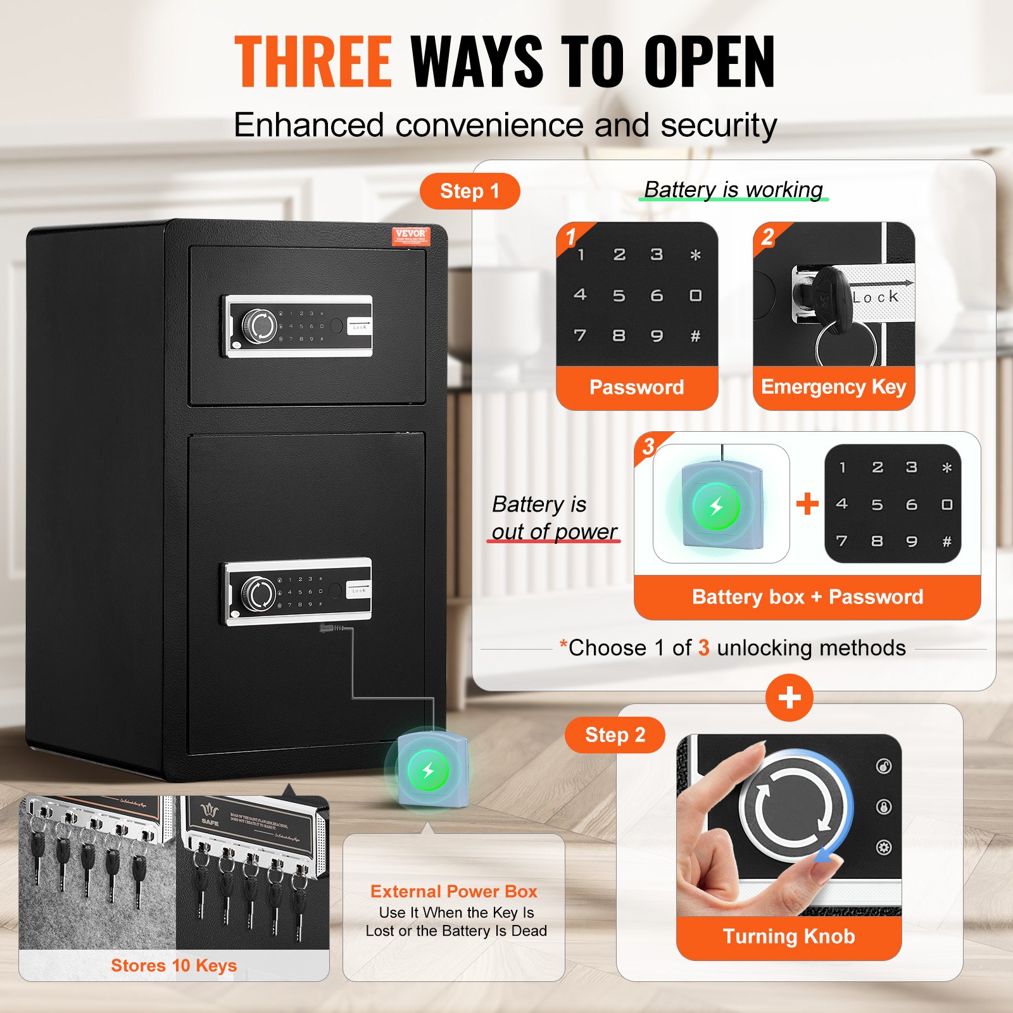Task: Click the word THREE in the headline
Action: coord(313,61)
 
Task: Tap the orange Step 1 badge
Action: coord(470,191)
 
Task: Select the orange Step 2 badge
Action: coord(615,735)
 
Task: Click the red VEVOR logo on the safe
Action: coord(410,236)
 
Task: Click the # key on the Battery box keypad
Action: coord(947,541)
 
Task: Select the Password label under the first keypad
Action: coord(636,387)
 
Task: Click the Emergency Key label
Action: coord(833,386)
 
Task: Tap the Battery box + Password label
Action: coord(807,596)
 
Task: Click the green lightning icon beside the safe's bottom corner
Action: coord(429,770)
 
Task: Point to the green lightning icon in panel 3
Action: coord(716,506)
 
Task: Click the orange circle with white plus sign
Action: coord(789,698)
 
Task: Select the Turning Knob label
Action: coord(789,936)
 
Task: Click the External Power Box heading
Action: coord(454,891)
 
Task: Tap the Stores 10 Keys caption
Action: coord(173,965)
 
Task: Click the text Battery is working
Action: coord(733,189)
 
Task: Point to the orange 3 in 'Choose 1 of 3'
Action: coord(703,648)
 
